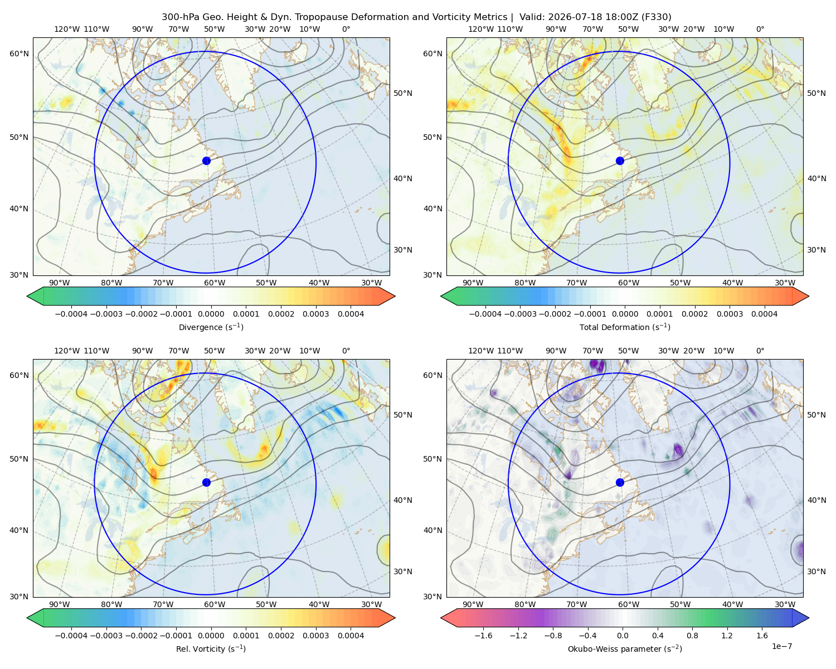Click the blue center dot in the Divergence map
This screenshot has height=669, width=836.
coord(206,161)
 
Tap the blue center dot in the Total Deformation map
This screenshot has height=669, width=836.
coord(620,161)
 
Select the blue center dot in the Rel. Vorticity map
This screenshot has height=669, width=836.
coord(206,482)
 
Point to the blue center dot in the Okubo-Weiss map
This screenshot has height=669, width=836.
coord(620,482)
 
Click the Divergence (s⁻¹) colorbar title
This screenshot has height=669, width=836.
coord(211,327)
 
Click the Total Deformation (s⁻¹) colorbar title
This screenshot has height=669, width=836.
coord(625,327)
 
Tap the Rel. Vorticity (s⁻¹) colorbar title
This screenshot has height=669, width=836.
coord(211,649)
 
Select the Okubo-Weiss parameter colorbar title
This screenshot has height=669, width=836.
coord(625,649)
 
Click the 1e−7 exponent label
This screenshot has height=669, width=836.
coord(781,646)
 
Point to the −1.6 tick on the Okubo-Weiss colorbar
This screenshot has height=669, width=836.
coord(483,636)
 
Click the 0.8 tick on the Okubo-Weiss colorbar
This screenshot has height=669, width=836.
coord(692,636)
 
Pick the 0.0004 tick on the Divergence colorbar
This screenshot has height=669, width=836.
coord(351,314)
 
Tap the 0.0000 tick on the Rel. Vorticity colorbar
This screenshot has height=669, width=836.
coord(211,636)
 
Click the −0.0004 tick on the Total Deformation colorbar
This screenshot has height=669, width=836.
coord(485,314)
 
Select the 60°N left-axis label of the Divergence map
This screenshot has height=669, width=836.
coord(19,54)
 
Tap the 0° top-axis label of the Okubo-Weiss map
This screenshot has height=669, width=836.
coord(760,351)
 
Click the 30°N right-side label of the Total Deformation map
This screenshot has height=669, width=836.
coord(816,250)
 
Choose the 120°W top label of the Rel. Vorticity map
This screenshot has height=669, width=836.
coord(67,351)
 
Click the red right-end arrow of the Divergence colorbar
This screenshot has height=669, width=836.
coord(387,296)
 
